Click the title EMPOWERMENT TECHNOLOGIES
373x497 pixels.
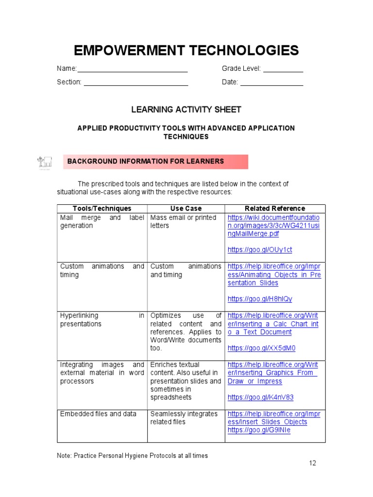pos(186,50)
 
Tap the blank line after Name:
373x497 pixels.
pos(133,69)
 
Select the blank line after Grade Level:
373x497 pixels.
pos(283,69)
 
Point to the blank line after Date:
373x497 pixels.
pos(272,83)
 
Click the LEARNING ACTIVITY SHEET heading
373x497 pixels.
pos(186,110)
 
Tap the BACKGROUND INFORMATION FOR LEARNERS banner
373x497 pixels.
pos(155,162)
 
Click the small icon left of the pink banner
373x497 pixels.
pos(45,162)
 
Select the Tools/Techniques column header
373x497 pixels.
pos(102,209)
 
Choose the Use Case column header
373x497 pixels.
pos(186,209)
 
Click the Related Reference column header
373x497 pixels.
pos(275,209)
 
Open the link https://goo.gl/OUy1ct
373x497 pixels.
pos(260,250)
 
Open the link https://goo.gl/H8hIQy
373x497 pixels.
pos(260,299)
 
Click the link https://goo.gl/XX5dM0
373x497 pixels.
pos(261,348)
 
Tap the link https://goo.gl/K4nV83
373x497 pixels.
pos(260,398)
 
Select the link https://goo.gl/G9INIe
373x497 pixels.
pos(259,430)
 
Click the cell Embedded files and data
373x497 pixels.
pos(98,414)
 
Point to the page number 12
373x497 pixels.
pos(312,463)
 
